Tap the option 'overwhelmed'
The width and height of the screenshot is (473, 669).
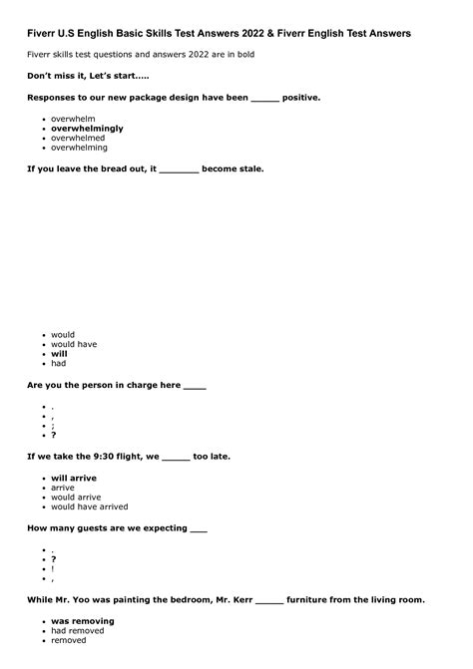(x=79, y=138)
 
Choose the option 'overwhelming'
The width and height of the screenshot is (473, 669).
(x=79, y=148)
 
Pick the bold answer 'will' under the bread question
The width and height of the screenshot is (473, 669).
(x=59, y=354)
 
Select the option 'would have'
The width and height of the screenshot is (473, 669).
(x=74, y=344)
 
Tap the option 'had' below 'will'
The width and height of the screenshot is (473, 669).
(x=59, y=364)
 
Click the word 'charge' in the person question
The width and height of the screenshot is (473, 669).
(x=142, y=386)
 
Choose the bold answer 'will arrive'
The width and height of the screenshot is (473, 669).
(x=74, y=478)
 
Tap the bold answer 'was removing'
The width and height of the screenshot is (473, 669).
(x=83, y=621)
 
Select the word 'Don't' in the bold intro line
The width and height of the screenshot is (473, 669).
(x=42, y=77)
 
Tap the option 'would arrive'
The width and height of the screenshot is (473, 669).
(x=76, y=497)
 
